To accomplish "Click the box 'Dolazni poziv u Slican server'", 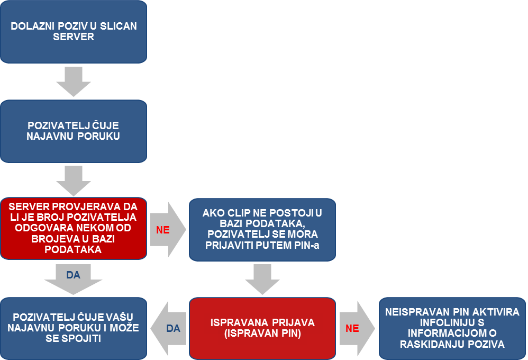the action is [74, 32].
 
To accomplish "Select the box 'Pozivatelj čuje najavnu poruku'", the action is [74, 131].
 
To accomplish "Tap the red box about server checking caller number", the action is [74, 228].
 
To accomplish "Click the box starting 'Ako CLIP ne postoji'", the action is [262, 230].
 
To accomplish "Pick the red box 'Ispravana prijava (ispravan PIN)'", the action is [262, 328].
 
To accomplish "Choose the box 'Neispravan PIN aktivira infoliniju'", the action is [452, 328].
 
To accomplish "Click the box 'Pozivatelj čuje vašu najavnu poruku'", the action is [74, 328].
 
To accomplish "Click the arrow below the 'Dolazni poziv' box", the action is [74, 82].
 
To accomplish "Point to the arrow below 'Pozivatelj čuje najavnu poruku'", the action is [74, 181].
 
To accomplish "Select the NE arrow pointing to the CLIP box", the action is [168, 230].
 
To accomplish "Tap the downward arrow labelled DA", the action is [74, 280].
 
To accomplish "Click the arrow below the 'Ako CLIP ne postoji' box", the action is [262, 280].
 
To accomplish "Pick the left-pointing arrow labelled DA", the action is [168, 328].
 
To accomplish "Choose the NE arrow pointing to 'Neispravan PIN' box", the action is [357, 328].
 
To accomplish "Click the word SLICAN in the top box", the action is [119, 26].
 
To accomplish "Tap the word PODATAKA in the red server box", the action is [73, 249].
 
